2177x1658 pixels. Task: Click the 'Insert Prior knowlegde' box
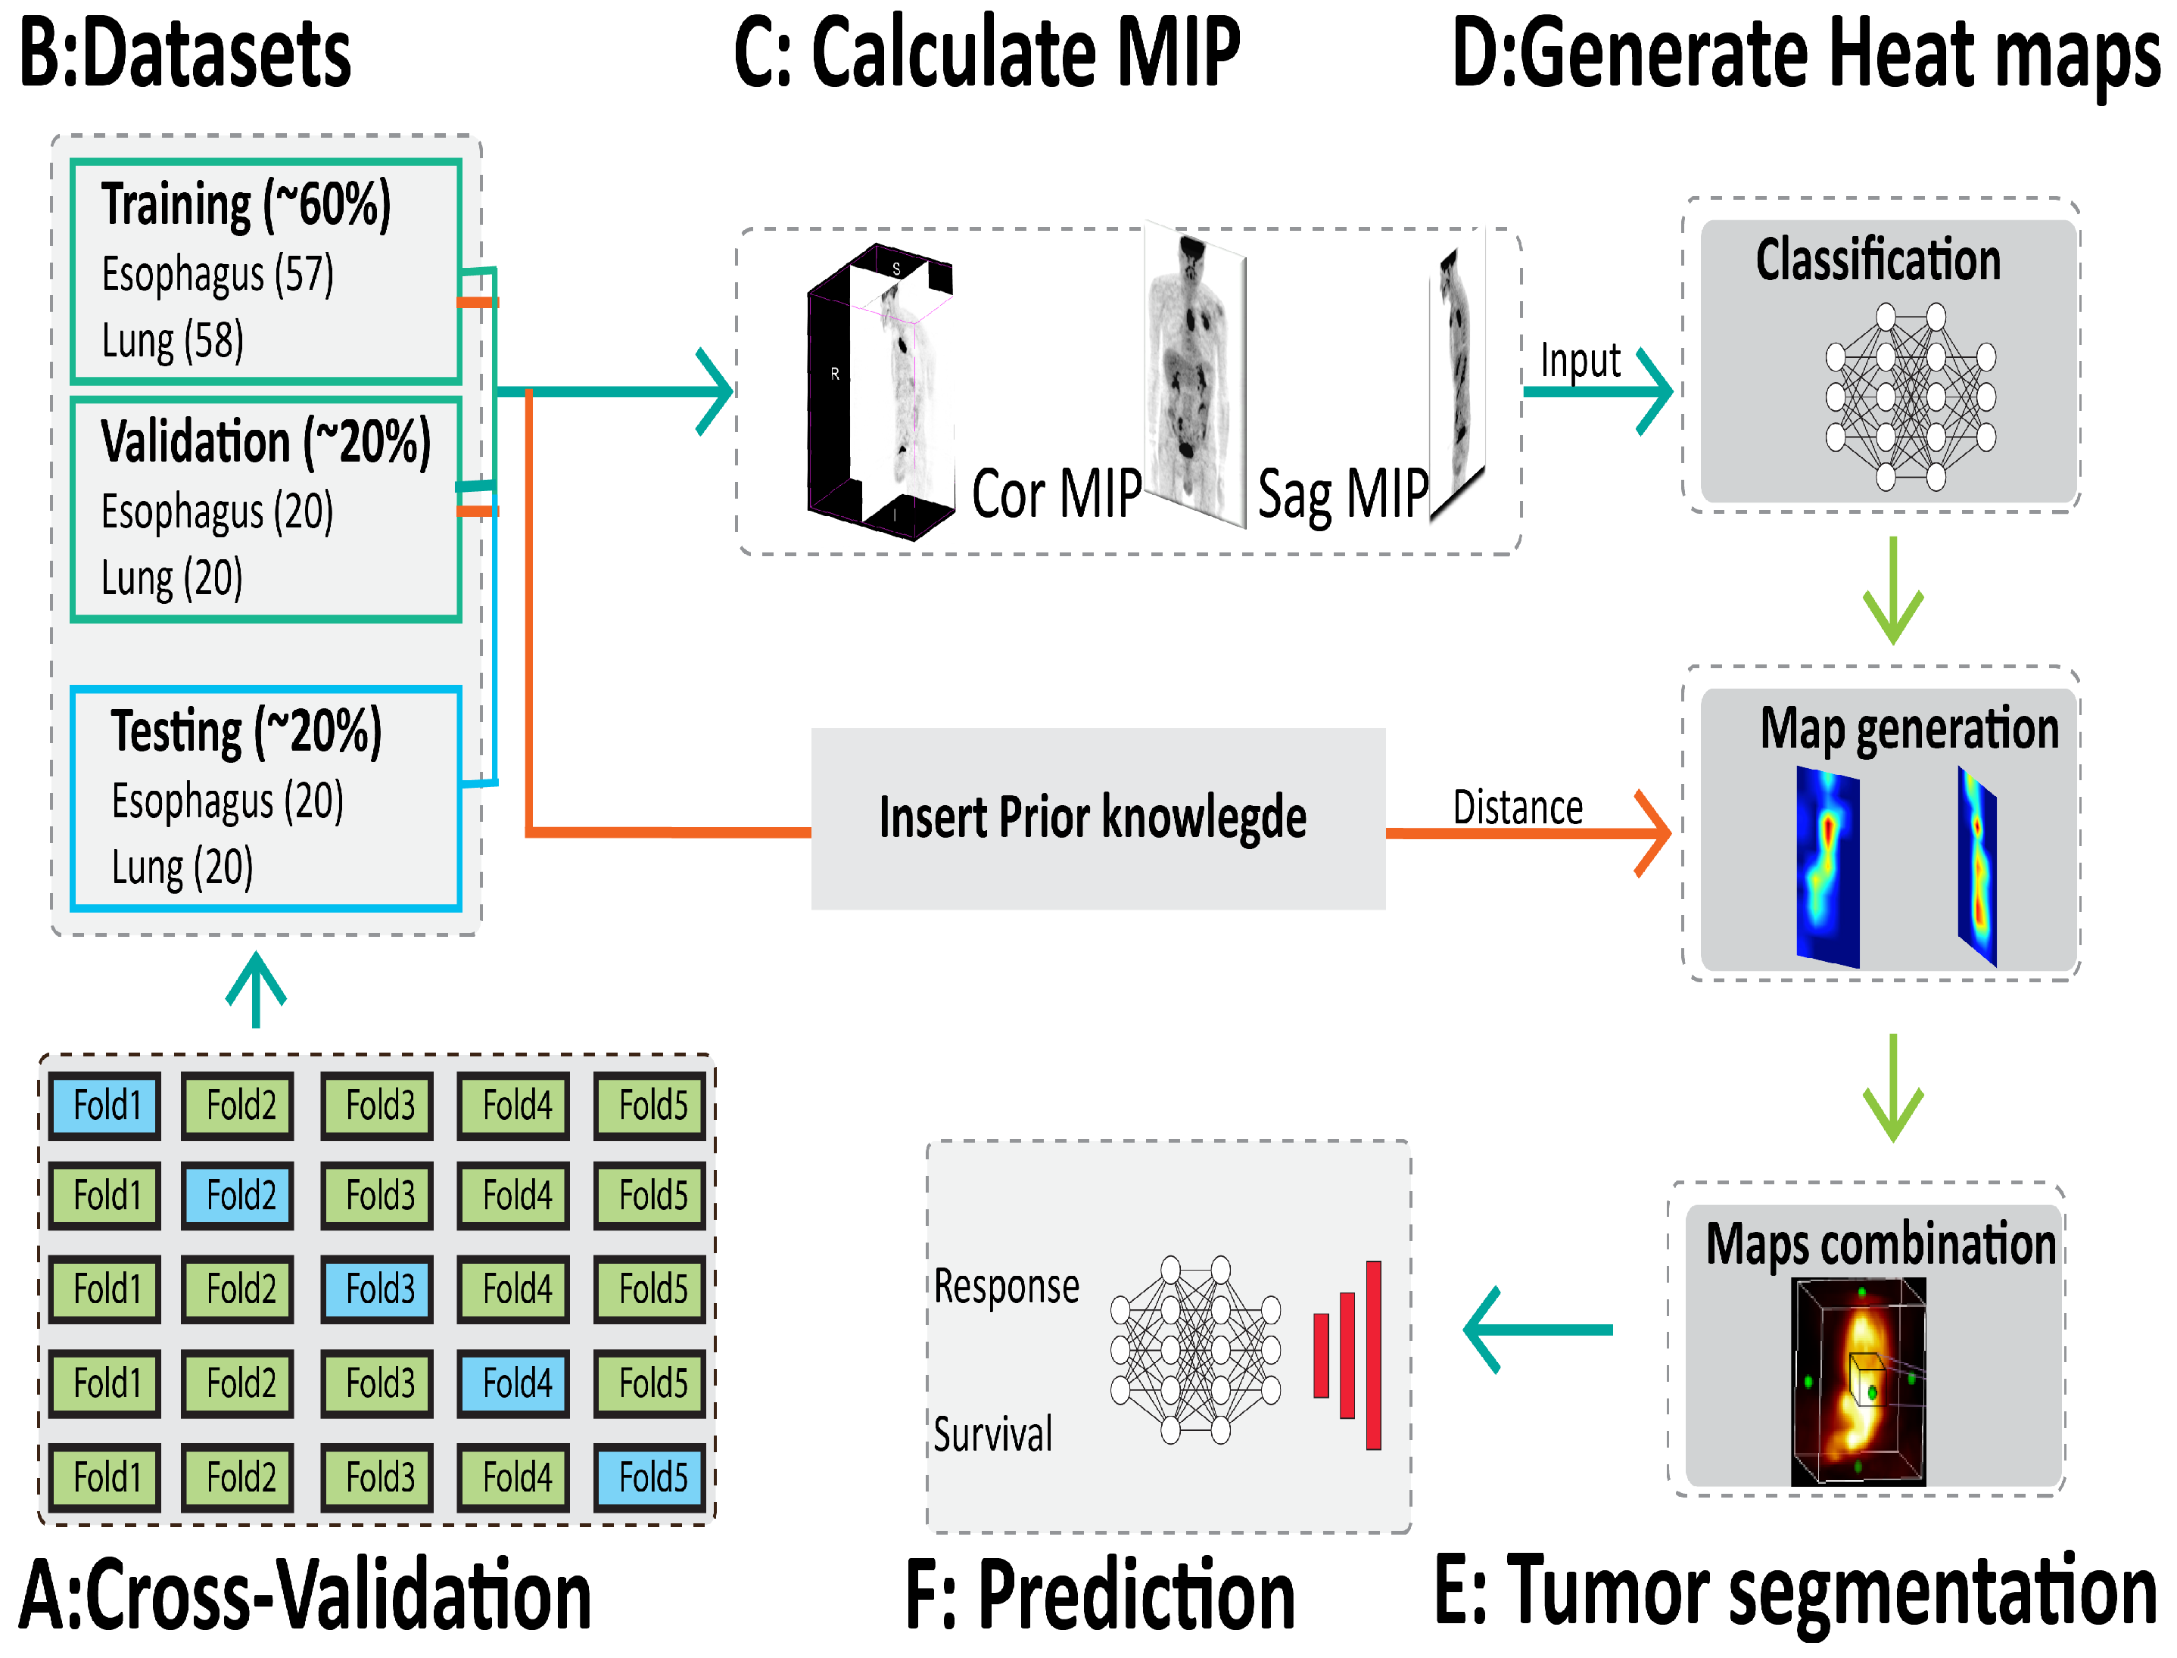[1097, 818]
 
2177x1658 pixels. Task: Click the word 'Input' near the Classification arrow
[1580, 360]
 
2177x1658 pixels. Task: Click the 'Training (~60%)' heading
[246, 204]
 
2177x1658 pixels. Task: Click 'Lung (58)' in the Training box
[173, 341]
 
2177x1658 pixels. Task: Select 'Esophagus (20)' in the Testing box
[227, 801]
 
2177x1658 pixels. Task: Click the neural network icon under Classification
[1910, 397]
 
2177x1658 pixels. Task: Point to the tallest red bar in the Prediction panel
[1372, 1355]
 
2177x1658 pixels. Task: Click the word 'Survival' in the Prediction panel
[992, 1434]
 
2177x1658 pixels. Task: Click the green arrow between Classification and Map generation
[1892, 590]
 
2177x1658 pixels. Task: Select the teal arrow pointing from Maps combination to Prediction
[1537, 1330]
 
